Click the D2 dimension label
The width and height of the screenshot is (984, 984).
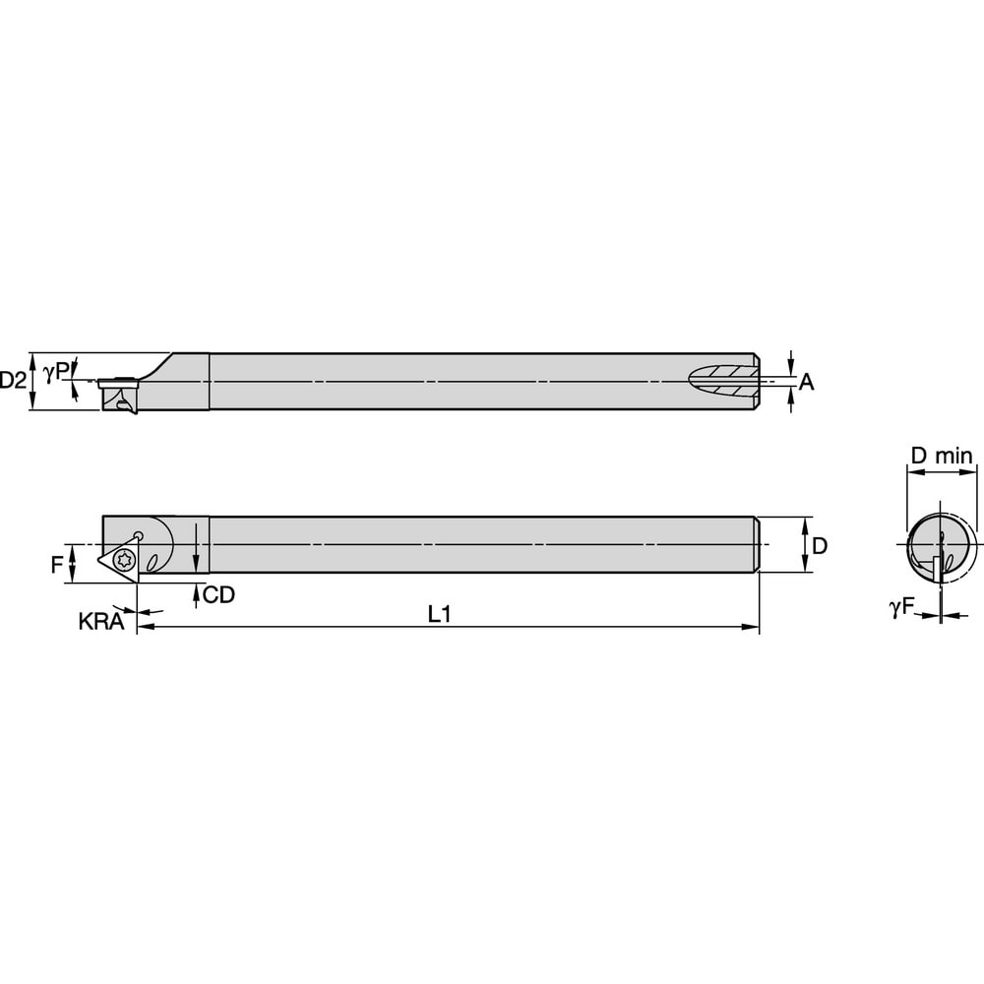coord(13,380)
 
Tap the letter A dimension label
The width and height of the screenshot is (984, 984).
coord(806,383)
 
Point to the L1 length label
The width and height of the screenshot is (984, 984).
coord(439,613)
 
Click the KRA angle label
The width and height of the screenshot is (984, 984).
coord(100,622)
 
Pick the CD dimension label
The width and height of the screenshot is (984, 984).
coord(218,595)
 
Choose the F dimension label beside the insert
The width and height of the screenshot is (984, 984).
coord(57,565)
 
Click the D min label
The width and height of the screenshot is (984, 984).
coord(941,456)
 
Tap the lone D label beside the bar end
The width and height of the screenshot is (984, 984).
coord(819,545)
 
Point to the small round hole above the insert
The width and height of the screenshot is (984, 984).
coord(139,535)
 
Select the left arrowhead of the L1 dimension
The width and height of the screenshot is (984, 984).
coord(143,626)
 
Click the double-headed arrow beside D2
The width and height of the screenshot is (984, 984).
coord(33,381)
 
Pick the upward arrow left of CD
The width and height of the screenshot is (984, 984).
coord(196,593)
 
